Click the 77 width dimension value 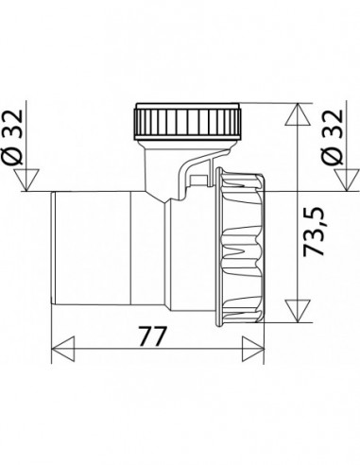(x=152, y=336)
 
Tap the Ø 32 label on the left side (x=13, y=136)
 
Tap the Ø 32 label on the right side (x=334, y=136)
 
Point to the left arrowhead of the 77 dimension (x=62, y=349)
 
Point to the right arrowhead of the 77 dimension (x=253, y=349)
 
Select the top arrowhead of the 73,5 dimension (x=298, y=114)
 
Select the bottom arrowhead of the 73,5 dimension (x=298, y=311)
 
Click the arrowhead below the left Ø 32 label (x=26, y=180)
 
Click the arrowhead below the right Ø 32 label (x=347, y=180)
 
